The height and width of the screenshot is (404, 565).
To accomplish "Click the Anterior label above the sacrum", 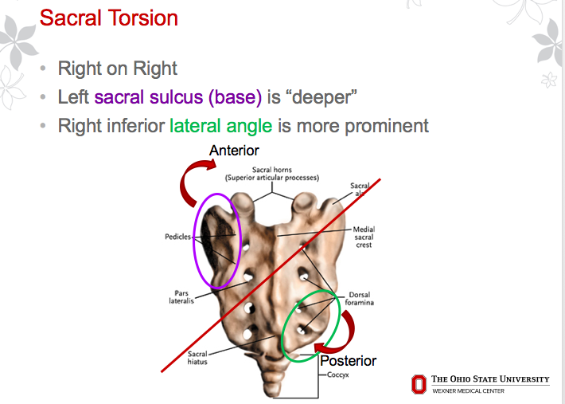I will (x=234, y=150).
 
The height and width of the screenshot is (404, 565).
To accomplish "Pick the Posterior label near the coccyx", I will (x=348, y=361).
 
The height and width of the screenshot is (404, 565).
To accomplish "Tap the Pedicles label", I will (x=178, y=237).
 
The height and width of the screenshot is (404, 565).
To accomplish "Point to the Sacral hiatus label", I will (x=197, y=358).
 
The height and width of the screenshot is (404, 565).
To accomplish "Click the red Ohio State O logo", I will (x=419, y=385).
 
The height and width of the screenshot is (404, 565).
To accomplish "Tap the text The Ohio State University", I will (x=489, y=379).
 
